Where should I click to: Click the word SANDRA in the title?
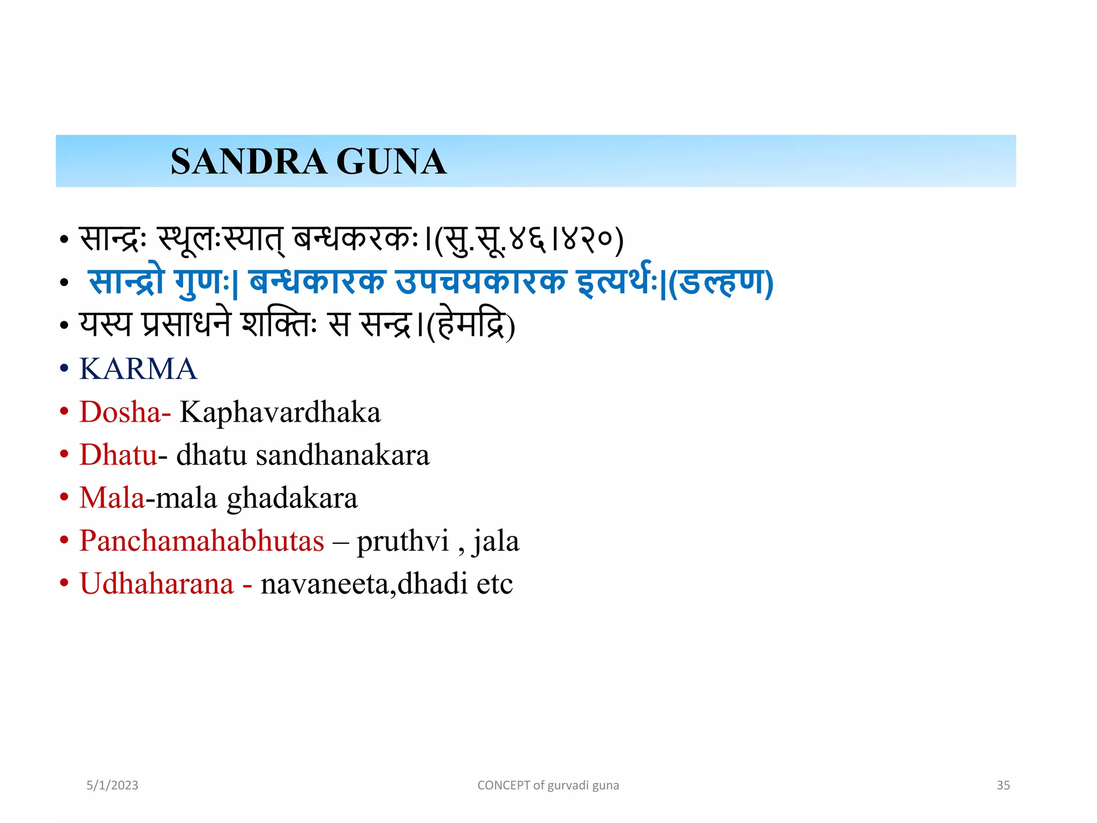click(249, 162)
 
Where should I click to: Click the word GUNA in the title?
click(391, 162)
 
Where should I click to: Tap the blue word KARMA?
click(138, 369)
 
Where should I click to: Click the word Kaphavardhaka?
click(280, 412)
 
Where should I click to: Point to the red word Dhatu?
click(118, 455)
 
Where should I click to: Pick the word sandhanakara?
click(343, 455)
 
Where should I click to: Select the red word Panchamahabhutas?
click(202, 541)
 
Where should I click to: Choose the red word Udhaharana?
click(156, 583)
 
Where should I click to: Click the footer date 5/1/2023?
click(112, 785)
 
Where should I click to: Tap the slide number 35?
click(1003, 785)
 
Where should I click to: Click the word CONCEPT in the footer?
click(504, 785)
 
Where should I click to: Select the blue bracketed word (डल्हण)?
click(721, 282)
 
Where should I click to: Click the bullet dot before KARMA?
click(64, 369)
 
